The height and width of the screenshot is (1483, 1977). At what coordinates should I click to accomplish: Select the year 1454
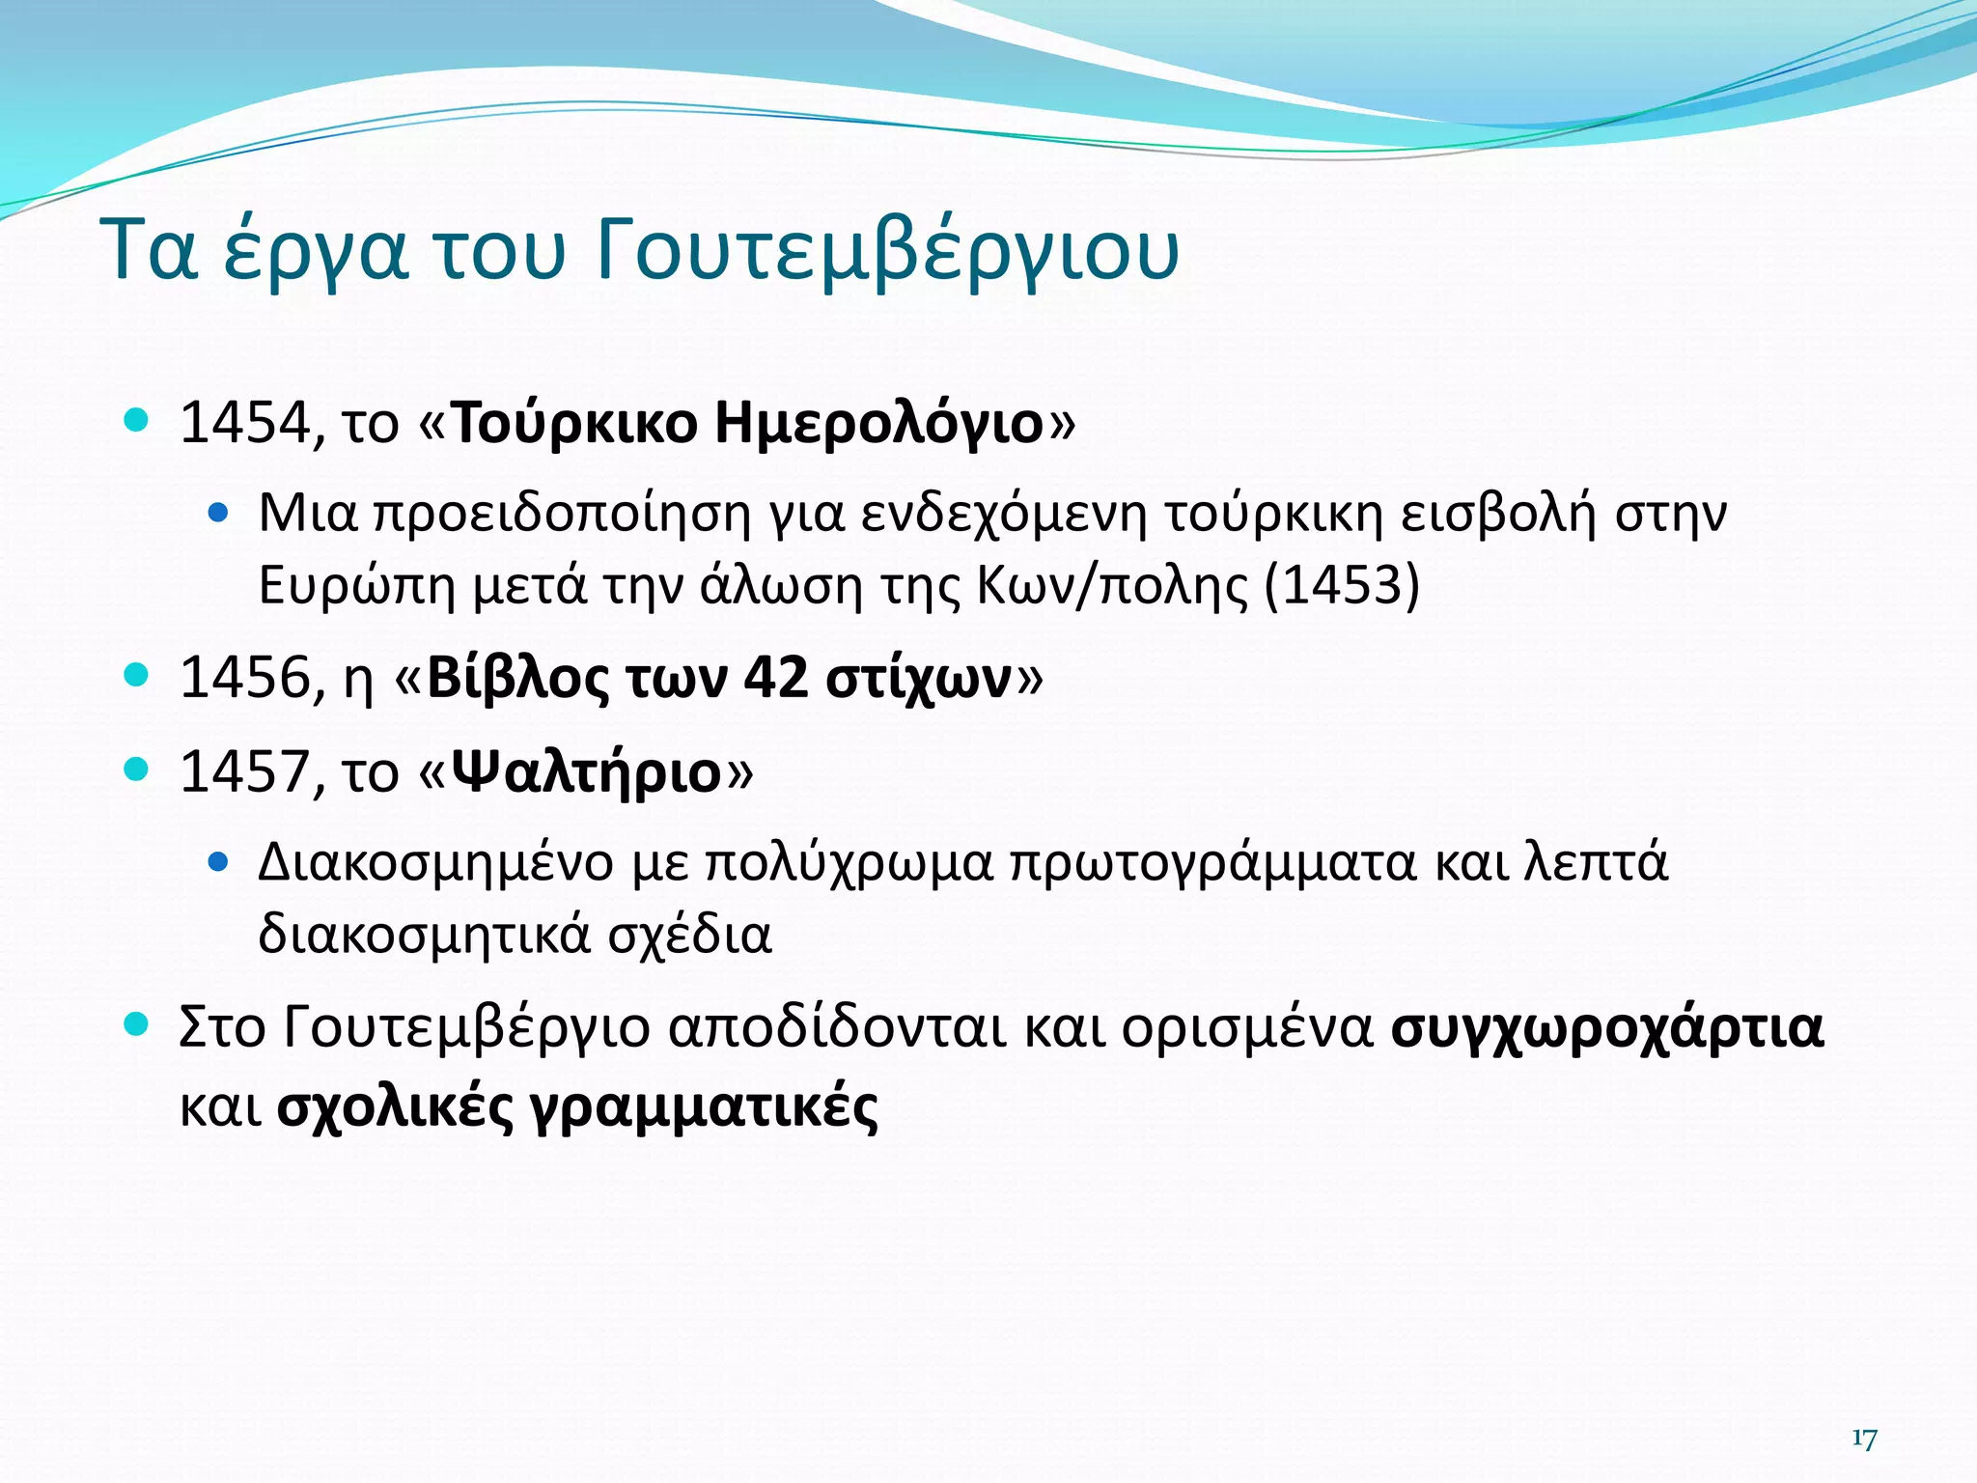(245, 423)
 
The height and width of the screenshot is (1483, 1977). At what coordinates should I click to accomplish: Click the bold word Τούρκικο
(573, 423)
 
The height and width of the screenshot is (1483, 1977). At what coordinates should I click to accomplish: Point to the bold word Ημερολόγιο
(878, 423)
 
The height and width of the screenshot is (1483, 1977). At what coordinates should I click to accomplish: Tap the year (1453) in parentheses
(1342, 585)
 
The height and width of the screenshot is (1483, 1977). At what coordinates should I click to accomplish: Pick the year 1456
(245, 678)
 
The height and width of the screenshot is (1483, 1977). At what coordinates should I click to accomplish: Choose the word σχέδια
(689, 935)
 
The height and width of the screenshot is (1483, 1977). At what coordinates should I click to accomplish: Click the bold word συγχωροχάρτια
(1607, 1029)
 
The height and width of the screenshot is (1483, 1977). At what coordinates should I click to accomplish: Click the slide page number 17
(1864, 1439)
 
